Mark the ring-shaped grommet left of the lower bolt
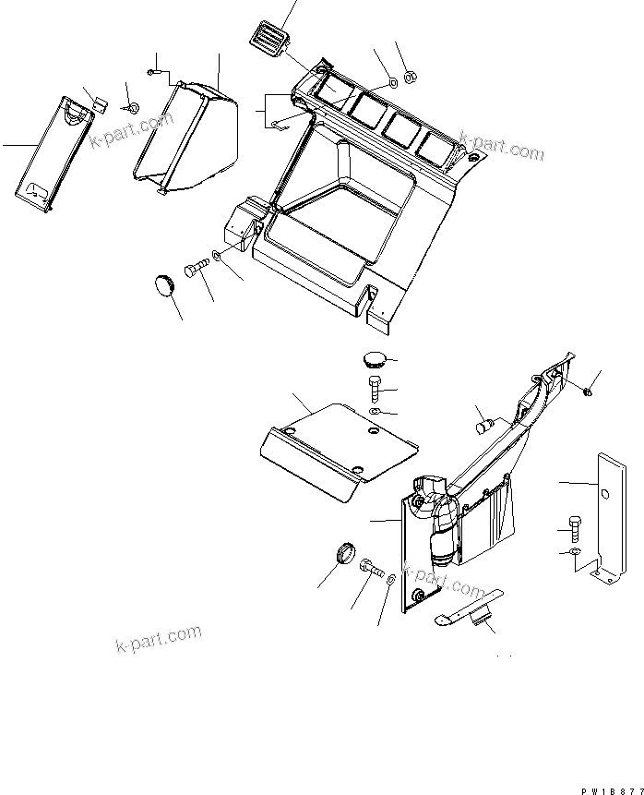pos(342,555)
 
